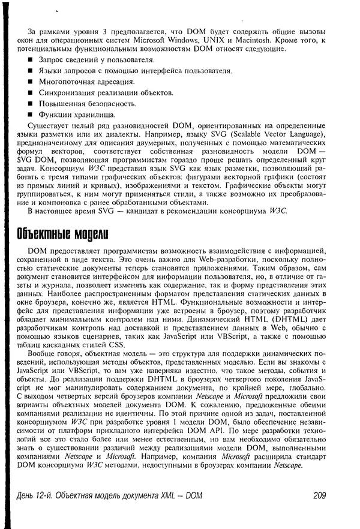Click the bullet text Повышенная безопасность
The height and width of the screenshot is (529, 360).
[x=83, y=104]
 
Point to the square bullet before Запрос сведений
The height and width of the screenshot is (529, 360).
[x=31, y=60]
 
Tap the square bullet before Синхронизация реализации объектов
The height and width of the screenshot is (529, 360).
[x=31, y=93]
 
